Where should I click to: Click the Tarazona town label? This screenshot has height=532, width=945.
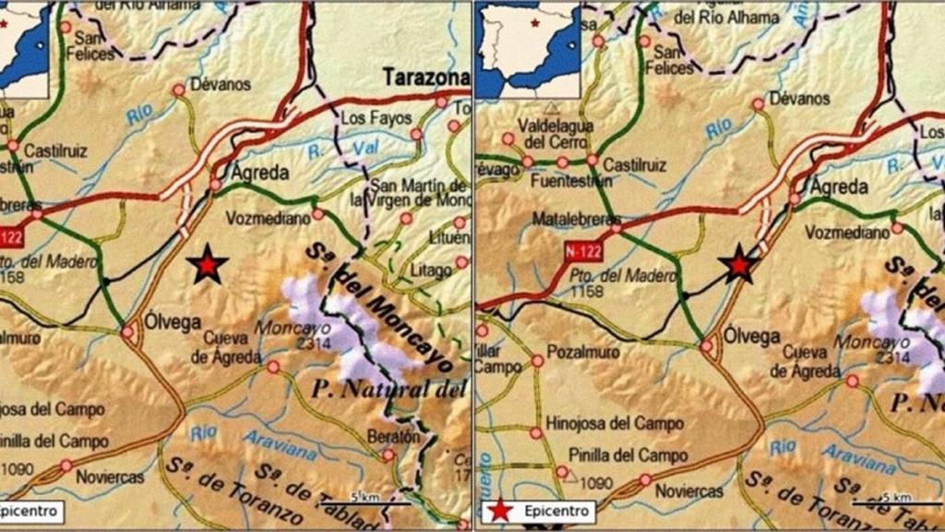pyautogui.click(x=426, y=76)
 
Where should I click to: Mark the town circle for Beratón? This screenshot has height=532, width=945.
pyautogui.click(x=389, y=454)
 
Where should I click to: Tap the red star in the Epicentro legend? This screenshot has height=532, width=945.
pyautogui.click(x=499, y=510)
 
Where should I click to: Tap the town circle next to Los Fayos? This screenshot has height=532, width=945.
pyautogui.click(x=416, y=135)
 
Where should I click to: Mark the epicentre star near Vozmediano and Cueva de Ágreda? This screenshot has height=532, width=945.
pyautogui.click(x=207, y=265)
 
